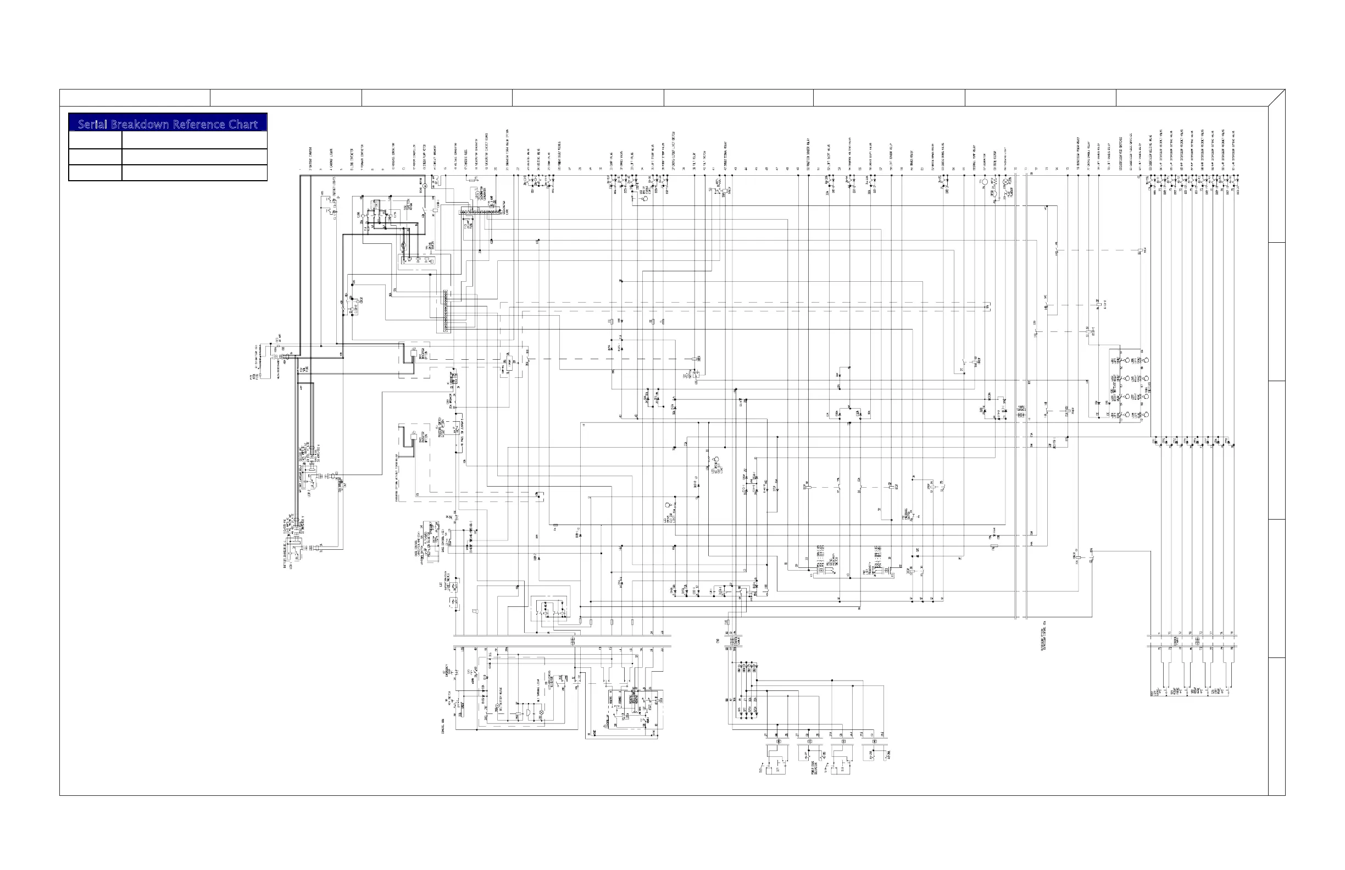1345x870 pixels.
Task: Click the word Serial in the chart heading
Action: click(x=93, y=124)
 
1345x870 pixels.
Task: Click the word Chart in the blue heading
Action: click(x=244, y=124)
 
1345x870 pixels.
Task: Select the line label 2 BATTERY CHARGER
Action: click(x=311, y=159)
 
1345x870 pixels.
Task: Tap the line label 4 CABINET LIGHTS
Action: click(x=332, y=159)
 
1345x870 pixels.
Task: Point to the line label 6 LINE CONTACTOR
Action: click(x=352, y=159)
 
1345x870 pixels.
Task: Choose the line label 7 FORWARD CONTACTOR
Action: click(x=362, y=158)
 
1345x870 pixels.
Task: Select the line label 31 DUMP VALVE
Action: click(x=612, y=160)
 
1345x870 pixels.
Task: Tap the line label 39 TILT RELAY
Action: click(x=694, y=161)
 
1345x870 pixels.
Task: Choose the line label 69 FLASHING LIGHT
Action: click(x=1005, y=158)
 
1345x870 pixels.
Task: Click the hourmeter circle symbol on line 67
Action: click(x=985, y=182)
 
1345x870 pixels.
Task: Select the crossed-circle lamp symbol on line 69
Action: click(x=1005, y=182)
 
